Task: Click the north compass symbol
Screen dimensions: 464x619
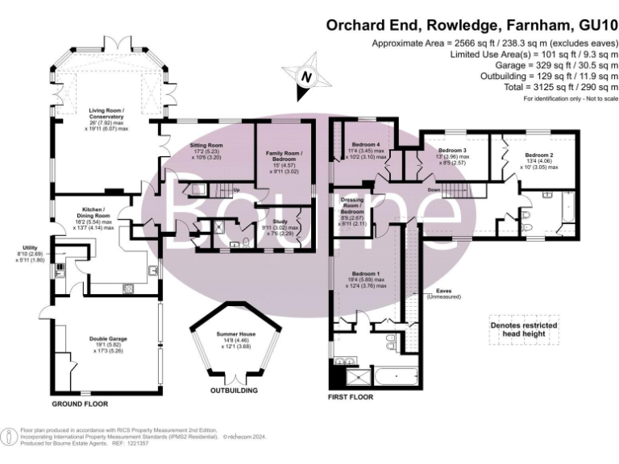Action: coord(305,77)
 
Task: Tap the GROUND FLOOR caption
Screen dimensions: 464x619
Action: coord(80,403)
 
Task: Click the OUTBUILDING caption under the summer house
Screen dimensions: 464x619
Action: coord(233,391)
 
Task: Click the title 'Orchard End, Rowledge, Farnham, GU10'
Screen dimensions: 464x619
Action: coord(470,24)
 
